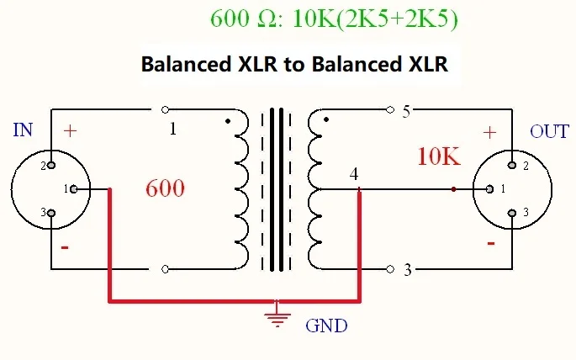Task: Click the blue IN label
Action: tap(24, 130)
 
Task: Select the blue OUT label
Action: tap(548, 132)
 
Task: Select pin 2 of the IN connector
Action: tap(50, 165)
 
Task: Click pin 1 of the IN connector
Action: tap(75, 188)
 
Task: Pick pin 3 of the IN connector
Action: tap(50, 213)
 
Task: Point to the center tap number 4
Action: tap(354, 174)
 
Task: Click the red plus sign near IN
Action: tap(70, 131)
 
